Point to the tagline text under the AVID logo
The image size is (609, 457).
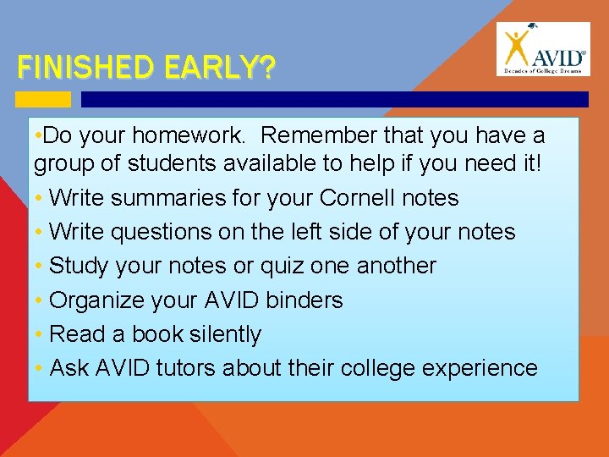click(x=544, y=70)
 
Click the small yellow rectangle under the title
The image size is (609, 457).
click(x=43, y=99)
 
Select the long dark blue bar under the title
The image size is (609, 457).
click(x=334, y=99)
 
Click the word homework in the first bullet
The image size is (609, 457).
click(x=195, y=136)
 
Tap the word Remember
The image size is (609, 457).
click(x=318, y=136)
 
